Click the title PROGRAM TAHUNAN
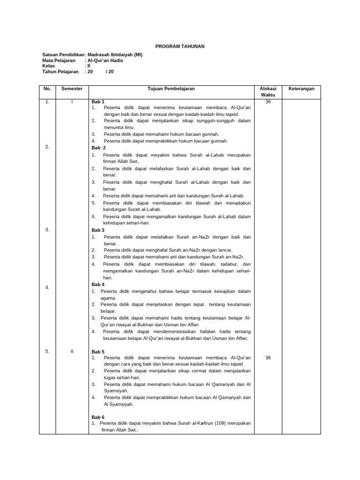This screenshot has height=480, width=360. coord(180,46)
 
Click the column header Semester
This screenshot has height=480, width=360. coord(72,89)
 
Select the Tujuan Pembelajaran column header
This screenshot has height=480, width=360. coord(171,89)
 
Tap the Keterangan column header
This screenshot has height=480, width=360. coord(301,89)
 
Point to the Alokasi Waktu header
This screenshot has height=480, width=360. coord(268,91)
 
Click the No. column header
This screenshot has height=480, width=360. coord(47,89)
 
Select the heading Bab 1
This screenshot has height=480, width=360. coord(98,102)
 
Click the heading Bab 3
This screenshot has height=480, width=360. coord(98,230)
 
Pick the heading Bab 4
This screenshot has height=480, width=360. coord(98,285)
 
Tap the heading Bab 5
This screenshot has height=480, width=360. coord(98,352)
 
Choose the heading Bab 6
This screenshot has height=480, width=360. coord(98,417)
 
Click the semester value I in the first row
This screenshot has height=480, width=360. coord(72,102)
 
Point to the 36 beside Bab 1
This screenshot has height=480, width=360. coord(268,102)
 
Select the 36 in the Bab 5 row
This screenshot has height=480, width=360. coord(268,358)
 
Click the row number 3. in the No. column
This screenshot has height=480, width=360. coord(47,229)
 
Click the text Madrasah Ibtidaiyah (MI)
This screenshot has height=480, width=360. coord(115,55)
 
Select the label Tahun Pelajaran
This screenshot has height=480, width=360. coord(60,72)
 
